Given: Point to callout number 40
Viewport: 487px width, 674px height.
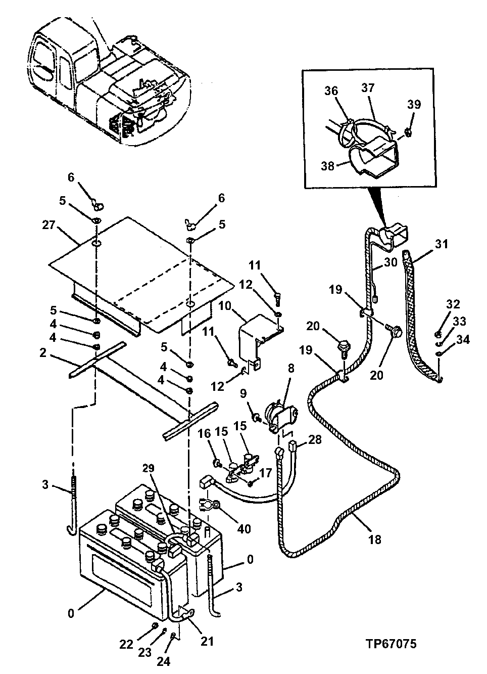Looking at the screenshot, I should point(243,529).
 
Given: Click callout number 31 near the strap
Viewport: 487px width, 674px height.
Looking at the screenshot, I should point(441,244).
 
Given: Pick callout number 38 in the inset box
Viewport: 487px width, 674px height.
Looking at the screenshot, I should point(327,166).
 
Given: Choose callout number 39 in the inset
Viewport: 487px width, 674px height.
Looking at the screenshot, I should point(414,105).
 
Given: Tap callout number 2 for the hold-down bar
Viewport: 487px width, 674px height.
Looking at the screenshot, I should point(43,352).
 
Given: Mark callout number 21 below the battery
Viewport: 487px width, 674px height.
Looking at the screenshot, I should point(207,641).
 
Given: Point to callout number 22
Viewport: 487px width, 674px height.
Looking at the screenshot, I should point(127,644).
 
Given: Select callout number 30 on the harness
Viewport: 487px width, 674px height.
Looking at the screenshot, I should point(390,262).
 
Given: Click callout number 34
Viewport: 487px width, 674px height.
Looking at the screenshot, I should point(463,339).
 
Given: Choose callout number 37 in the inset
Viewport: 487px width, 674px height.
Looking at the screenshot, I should point(368,88).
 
